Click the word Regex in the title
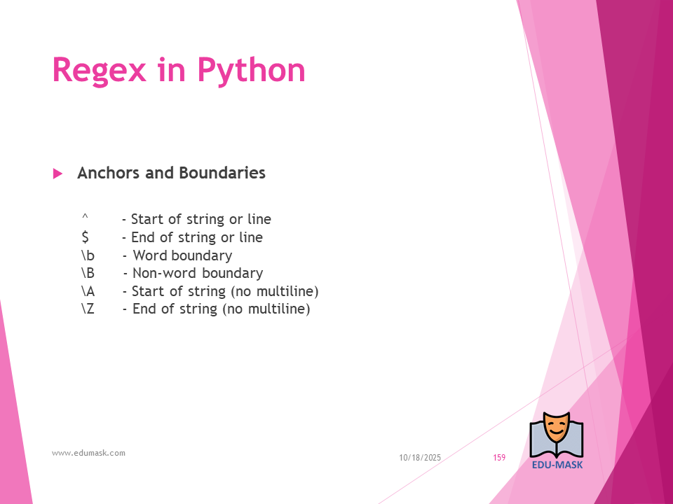point(99,70)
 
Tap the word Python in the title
point(251,70)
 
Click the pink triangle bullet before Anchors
point(57,174)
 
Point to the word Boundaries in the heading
point(222,173)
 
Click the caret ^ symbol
point(85,217)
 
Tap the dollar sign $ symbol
point(85,237)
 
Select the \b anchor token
point(88,255)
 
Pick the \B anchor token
point(88,273)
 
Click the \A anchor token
point(88,291)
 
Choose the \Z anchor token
point(88,309)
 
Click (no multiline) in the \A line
point(275,291)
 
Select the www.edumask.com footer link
point(88,453)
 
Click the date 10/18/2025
point(420,458)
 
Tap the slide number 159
point(499,458)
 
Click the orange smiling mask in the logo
point(556,428)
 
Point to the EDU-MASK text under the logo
point(557,465)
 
